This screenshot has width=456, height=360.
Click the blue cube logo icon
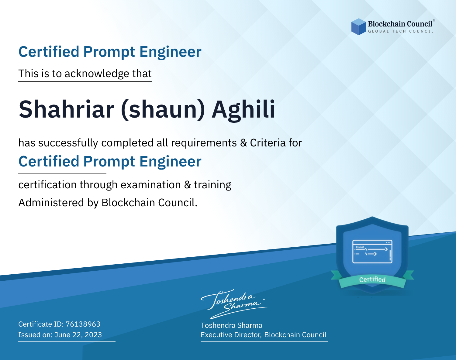click(358, 27)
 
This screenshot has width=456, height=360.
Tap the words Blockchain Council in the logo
click(400, 24)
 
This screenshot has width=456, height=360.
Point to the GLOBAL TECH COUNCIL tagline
click(401, 31)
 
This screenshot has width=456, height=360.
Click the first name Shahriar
click(67, 109)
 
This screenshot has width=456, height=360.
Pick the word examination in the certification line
click(150, 185)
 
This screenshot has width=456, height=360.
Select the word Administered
click(51, 203)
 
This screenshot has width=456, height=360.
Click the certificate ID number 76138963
click(83, 324)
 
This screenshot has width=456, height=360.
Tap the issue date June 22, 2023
click(78, 335)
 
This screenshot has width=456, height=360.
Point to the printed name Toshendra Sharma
click(231, 325)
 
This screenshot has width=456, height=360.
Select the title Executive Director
click(230, 335)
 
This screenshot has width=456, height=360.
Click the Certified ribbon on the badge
click(372, 279)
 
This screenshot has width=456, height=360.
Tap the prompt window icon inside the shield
click(372, 252)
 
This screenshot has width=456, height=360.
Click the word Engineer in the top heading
click(170, 52)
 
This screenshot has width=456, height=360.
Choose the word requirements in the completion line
click(204, 143)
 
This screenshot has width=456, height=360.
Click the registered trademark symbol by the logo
click(434, 20)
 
